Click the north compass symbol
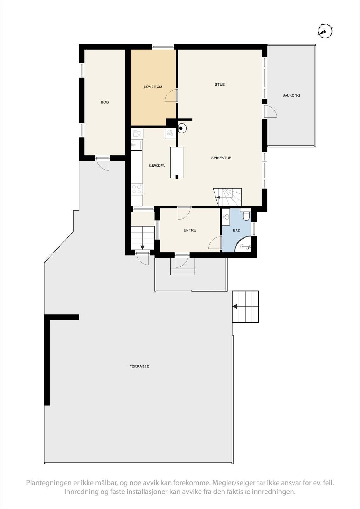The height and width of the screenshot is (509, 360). coord(325,31)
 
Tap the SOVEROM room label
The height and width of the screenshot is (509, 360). coord(153,87)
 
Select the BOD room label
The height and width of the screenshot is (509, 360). coord(105,102)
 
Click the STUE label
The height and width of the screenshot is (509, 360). coord(220,84)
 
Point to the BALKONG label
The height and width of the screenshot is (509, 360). coord(291,95)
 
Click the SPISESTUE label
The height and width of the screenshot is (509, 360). coord(221,158)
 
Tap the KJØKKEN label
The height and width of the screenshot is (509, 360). coord(157,166)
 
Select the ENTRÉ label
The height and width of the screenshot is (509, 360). coord(190,230)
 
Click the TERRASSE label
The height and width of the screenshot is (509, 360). coord(139,366)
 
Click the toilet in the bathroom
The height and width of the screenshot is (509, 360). coord(246,216)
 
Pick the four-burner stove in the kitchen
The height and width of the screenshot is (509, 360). coord(137,189)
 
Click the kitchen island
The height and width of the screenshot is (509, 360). coord(177,162)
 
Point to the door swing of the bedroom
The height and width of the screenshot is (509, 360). coord(171,96)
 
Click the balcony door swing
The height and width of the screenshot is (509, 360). coord(272,112)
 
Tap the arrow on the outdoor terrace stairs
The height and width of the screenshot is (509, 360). coord(235,307)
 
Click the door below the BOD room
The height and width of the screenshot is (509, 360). coord(103,164)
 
